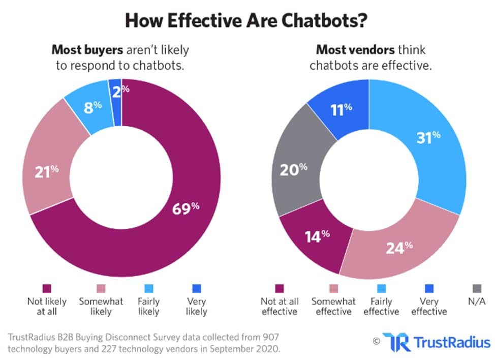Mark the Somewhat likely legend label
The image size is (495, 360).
pos(101,307)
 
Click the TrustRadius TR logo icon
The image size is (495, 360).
pos(395,341)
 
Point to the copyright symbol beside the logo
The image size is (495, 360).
pos(376,341)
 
